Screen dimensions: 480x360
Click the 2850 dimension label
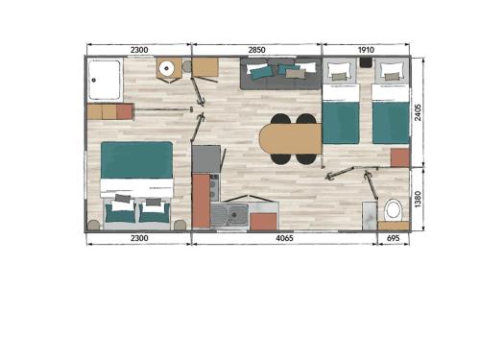tap(256, 50)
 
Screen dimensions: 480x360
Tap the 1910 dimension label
tap(366, 50)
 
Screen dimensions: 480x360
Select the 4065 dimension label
tap(284, 238)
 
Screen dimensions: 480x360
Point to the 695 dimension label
tap(393, 238)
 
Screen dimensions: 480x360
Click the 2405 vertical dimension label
tap(418, 112)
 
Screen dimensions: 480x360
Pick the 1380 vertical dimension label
tap(418, 199)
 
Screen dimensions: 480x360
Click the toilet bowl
tap(393, 210)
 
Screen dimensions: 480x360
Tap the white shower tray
tap(105, 80)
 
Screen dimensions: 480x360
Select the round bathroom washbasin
tap(166, 68)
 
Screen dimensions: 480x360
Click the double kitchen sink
tap(229, 215)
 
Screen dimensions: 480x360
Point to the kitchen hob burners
tap(214, 186)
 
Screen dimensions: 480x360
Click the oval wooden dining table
tap(290, 139)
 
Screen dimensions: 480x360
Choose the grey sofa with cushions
tap(280, 74)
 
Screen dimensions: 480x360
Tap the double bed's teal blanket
tap(136, 160)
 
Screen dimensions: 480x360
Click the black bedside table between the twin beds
tap(366, 62)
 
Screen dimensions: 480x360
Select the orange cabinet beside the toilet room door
tap(399, 157)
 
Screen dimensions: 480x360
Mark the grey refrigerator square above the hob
tap(206, 159)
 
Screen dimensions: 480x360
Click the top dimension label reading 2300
tap(139, 50)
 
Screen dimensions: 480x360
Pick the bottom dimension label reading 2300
tap(139, 238)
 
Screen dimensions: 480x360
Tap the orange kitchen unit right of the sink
tap(263, 222)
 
